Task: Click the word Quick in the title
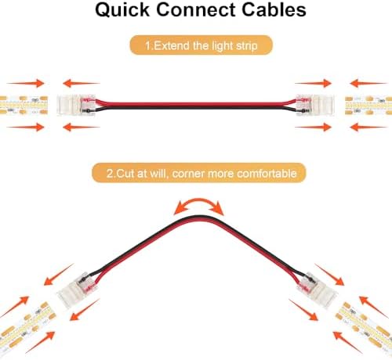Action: coord(122,10)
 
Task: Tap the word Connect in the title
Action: coord(195,9)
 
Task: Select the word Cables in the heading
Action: coord(274,9)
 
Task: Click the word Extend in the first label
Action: coord(172,45)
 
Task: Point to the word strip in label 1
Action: coord(247,46)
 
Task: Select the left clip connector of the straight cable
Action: coord(77,105)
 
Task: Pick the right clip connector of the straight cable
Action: coord(315,105)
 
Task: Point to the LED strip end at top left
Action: coord(24,105)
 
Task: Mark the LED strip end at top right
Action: coord(368,105)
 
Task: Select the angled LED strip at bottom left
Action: coord(27,326)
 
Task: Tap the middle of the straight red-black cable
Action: coord(196,105)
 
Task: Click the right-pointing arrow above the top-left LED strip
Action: coord(26,83)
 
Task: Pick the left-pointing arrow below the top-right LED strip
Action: coord(368,128)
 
